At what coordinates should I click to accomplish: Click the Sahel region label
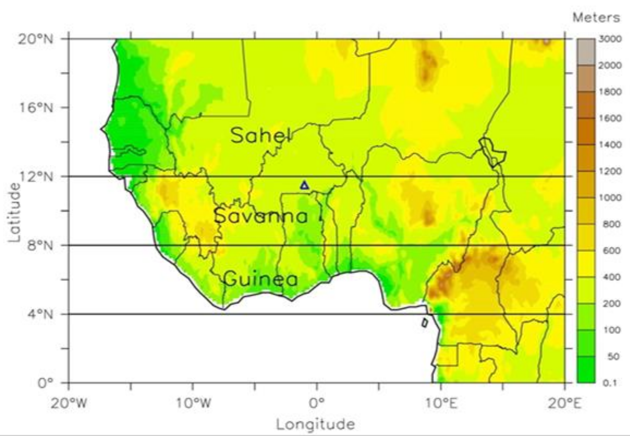(261, 135)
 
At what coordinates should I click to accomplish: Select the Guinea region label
(261, 279)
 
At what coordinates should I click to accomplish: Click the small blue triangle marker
(304, 186)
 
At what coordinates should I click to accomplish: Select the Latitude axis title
(14, 212)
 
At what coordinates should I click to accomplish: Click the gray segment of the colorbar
(586, 52)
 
